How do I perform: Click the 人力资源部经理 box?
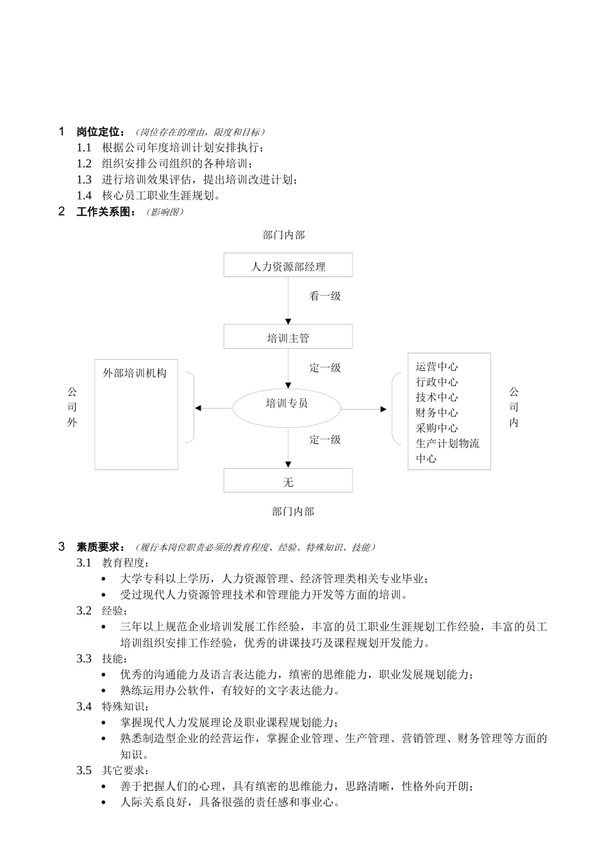point(288,266)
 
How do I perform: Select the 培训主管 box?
point(288,337)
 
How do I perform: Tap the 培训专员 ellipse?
point(287,404)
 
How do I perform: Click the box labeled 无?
point(288,481)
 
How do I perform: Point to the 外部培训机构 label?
point(135,373)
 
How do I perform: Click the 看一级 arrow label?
point(325,296)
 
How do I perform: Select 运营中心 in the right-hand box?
point(437,367)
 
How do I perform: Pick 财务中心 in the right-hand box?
point(437,413)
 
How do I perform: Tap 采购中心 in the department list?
point(437,428)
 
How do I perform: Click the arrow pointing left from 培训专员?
point(213,408)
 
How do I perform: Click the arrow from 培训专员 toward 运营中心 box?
point(364,409)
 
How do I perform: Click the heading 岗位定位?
point(100,132)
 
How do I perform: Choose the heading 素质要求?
point(100,547)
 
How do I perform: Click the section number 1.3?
point(84,180)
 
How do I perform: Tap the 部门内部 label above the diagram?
point(284,235)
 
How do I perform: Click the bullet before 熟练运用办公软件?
point(104,691)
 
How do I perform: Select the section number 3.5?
point(84,770)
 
